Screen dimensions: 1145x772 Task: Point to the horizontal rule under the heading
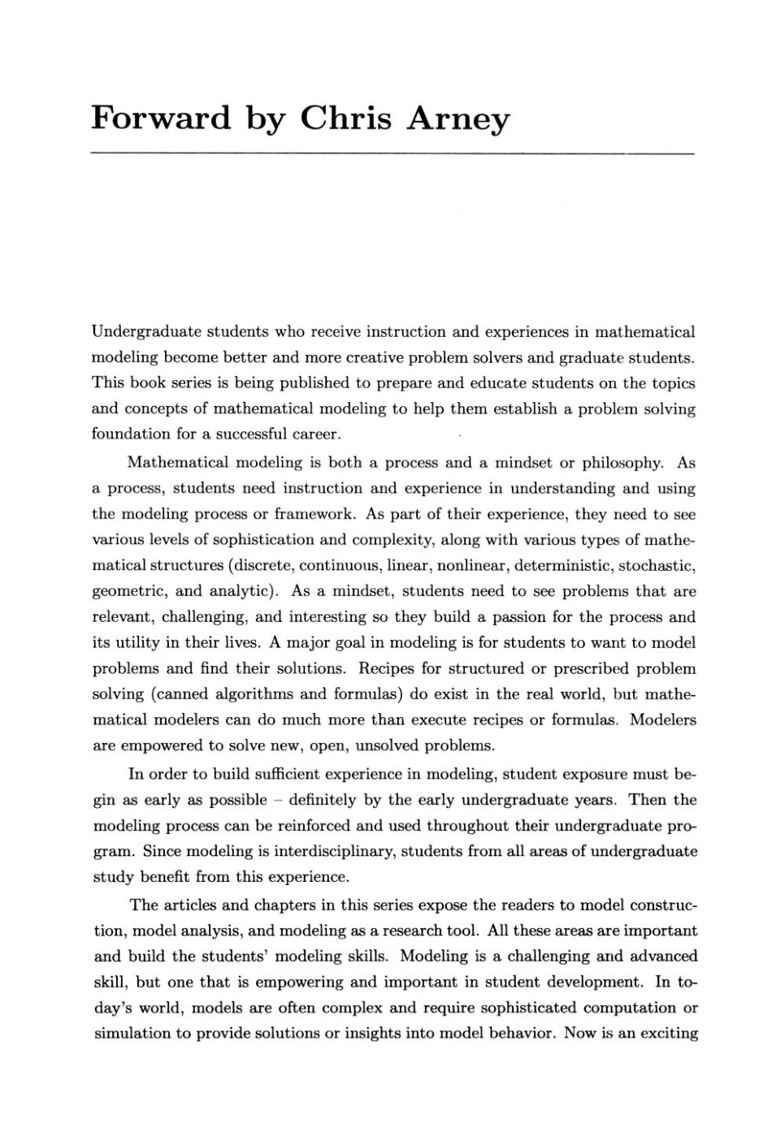393,153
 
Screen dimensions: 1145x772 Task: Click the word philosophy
625,463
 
